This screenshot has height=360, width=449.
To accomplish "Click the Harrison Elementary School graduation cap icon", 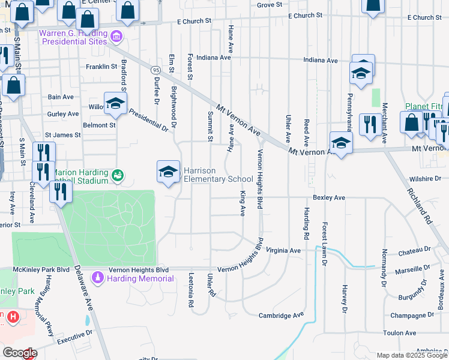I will point(169,172).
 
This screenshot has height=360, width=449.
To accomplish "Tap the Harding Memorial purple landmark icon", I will point(97,278).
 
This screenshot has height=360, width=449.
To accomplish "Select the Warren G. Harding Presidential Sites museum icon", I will point(116,38).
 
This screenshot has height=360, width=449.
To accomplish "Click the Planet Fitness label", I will point(424,106).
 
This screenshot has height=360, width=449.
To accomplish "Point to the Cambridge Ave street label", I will point(282,315).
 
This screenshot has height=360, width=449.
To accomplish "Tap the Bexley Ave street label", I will point(329,197).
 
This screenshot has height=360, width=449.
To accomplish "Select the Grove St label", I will point(270,5).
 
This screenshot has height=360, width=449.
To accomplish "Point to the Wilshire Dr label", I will point(426,179).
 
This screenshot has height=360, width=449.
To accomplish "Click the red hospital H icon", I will point(13,316).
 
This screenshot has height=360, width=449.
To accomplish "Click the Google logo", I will point(19,353).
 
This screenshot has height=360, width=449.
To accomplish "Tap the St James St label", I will point(63,135).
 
